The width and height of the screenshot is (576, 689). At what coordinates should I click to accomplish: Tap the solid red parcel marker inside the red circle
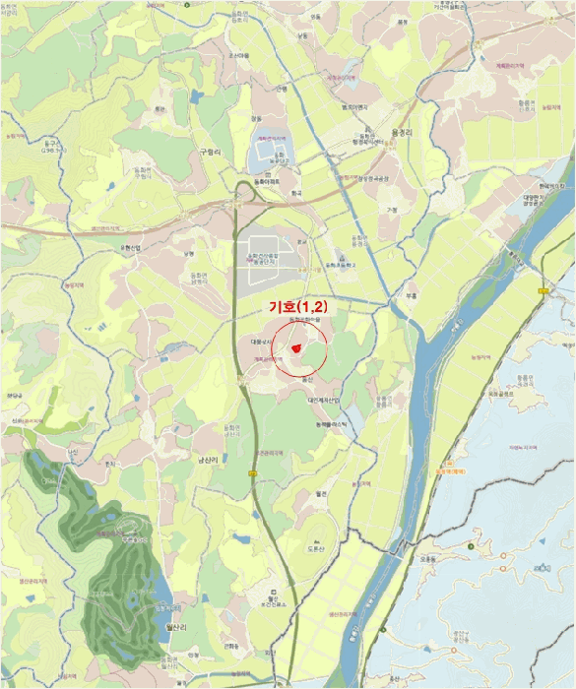coord(295,348)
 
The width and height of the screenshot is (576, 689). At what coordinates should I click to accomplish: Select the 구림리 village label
coord(212,153)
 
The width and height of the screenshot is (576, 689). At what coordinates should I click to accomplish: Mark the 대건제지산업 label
coord(323,400)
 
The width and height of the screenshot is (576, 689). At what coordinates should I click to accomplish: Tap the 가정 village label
coord(391,210)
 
